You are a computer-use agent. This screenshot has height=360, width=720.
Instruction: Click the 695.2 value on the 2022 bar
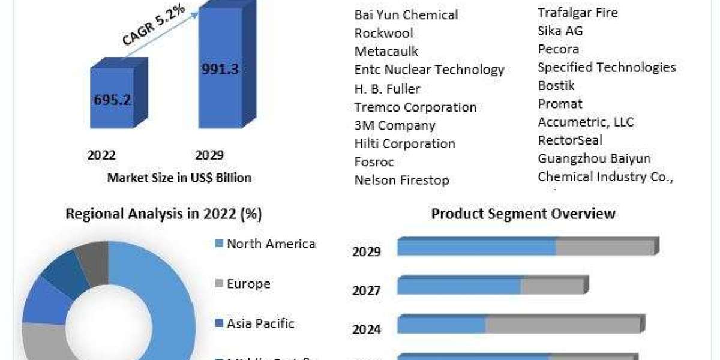point(112,100)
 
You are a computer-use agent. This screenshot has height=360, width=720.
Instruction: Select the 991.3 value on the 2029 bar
point(220,69)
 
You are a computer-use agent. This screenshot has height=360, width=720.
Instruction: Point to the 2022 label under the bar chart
point(101,155)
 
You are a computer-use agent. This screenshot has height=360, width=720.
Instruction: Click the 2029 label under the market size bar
point(209,155)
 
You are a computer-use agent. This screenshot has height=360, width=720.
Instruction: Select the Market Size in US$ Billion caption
point(179,178)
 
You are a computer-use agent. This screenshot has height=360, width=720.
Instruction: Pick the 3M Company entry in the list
point(395,125)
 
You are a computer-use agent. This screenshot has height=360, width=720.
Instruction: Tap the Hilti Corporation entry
point(404,144)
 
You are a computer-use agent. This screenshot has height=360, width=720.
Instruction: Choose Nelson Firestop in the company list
point(401,180)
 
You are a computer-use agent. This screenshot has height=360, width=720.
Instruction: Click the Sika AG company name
point(560,31)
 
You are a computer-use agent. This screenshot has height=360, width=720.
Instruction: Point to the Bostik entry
point(556,85)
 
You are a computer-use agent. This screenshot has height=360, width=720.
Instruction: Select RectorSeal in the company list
point(570,140)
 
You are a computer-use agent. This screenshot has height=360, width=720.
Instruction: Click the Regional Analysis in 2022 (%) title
point(164,214)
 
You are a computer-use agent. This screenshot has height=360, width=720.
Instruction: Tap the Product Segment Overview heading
point(523,213)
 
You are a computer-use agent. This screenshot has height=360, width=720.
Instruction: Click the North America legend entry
point(271,244)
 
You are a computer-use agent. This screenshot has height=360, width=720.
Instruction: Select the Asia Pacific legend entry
point(260,323)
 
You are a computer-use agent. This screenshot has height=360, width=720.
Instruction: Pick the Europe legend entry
point(248,283)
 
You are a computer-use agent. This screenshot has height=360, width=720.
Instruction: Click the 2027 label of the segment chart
point(366,290)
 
